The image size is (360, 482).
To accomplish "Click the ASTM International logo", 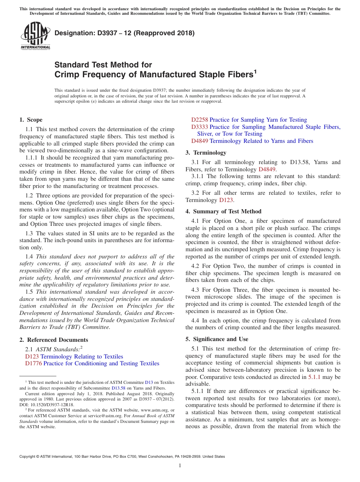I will (35, 36).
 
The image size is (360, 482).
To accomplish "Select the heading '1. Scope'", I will (31, 120).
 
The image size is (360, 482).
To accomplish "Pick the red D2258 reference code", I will (200, 120).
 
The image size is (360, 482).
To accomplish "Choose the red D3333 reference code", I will (200, 127).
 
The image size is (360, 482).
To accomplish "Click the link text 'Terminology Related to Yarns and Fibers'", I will (261, 141).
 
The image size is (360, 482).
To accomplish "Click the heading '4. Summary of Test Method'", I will (223, 211).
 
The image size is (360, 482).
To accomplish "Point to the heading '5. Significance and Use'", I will (217, 339).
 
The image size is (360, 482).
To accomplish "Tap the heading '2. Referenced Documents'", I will (53, 340).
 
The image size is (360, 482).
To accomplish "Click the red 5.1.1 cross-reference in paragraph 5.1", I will (314, 377).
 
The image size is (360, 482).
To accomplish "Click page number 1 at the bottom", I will (180, 465).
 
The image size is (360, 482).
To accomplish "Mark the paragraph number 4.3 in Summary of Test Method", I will (195, 290).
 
